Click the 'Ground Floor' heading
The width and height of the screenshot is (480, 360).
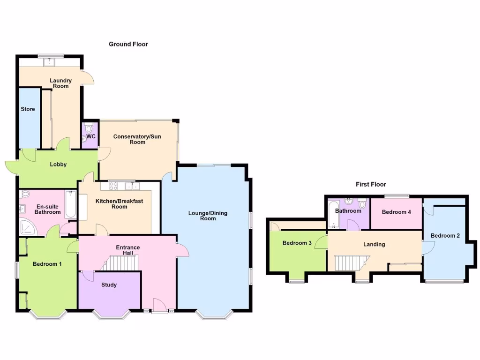click(128, 44)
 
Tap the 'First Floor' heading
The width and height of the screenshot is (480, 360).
click(370, 184)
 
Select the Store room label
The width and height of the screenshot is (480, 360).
click(28, 109)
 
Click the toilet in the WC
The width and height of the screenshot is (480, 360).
click(89, 129)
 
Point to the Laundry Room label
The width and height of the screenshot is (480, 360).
click(60, 83)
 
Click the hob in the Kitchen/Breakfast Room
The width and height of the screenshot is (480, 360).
click(114, 186)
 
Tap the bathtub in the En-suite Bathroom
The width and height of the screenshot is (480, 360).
click(70, 204)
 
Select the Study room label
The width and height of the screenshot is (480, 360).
click(109, 285)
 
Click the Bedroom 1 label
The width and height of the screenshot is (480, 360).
click(47, 264)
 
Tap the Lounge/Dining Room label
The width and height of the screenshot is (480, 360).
click(208, 216)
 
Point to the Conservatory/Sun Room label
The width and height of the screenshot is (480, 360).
click(130, 139)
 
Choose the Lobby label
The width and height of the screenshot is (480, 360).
click(58, 164)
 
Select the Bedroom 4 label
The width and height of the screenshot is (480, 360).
click(396, 212)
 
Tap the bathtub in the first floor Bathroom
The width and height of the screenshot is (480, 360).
click(334, 214)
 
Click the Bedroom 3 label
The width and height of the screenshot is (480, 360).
click(297, 243)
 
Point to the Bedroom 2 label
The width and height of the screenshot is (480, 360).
click(445, 235)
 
